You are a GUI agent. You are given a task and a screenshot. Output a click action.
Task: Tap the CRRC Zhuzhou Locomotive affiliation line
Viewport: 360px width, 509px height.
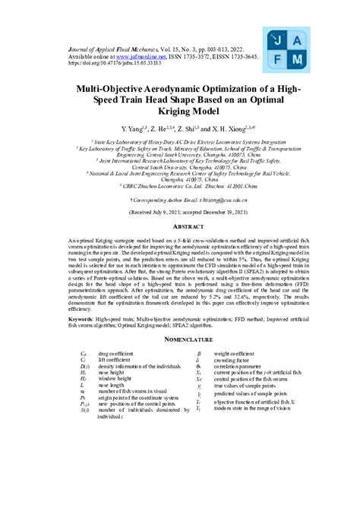coord(180,184)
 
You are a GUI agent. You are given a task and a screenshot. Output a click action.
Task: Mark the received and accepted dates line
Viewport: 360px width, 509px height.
coord(180,214)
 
